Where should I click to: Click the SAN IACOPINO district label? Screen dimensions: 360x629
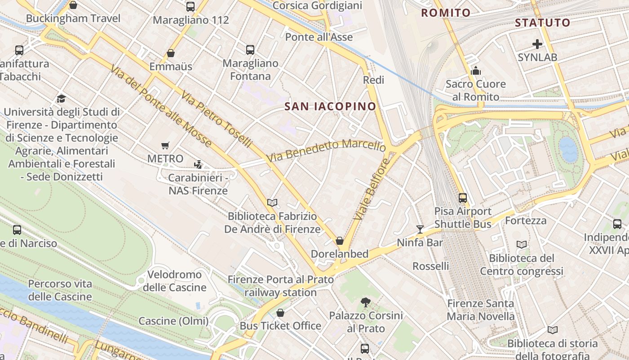tap(330, 106)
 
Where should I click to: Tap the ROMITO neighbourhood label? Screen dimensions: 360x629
tap(445, 13)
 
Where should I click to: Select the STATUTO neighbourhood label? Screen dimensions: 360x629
tap(542, 22)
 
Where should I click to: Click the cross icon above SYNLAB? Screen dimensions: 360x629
tap(537, 44)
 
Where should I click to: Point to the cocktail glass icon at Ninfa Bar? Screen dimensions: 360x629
tap(420, 229)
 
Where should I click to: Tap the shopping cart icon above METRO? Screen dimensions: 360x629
tap(165, 145)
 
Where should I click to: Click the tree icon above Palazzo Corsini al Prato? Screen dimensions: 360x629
tap(366, 302)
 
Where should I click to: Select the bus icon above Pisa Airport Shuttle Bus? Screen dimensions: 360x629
tap(463, 198)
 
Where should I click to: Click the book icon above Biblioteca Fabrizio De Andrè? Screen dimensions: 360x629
tap(272, 203)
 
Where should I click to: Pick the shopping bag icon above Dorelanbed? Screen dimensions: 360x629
tap(340, 241)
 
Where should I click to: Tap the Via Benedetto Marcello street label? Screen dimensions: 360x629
tap(326, 151)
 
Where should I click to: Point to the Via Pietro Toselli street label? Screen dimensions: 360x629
tap(217, 120)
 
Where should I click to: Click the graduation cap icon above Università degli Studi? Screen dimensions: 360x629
tap(61, 99)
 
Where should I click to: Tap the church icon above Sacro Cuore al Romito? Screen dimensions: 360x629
tap(475, 71)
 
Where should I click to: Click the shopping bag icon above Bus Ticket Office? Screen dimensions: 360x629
tap(280, 312)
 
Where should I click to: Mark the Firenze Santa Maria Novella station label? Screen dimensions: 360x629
tap(480, 310)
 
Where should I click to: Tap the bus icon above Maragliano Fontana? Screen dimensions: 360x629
tap(250, 50)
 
